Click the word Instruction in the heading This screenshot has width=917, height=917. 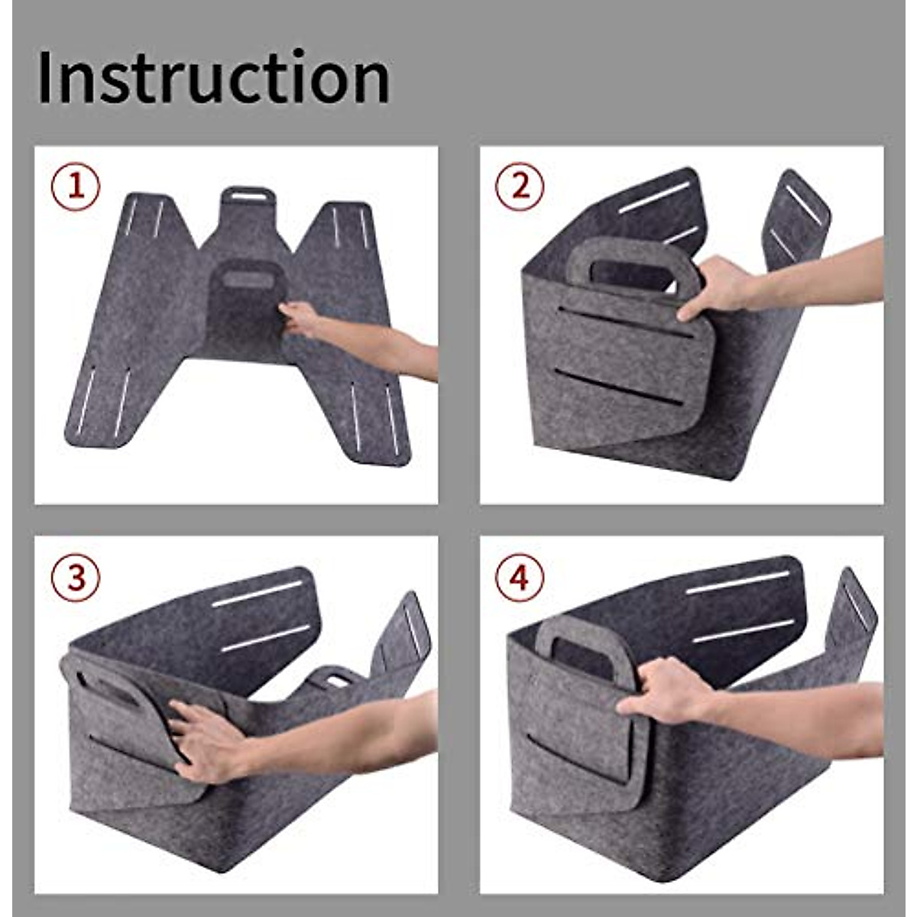(213, 77)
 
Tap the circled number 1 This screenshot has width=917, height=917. (76, 186)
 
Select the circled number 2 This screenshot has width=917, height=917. (520, 186)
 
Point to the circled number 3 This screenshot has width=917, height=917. (76, 578)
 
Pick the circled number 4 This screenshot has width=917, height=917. (520, 578)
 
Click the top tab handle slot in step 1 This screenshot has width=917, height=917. (246, 196)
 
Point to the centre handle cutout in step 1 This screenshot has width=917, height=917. (246, 279)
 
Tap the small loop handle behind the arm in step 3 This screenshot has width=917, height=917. (334, 677)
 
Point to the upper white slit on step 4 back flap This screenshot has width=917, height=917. (737, 582)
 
